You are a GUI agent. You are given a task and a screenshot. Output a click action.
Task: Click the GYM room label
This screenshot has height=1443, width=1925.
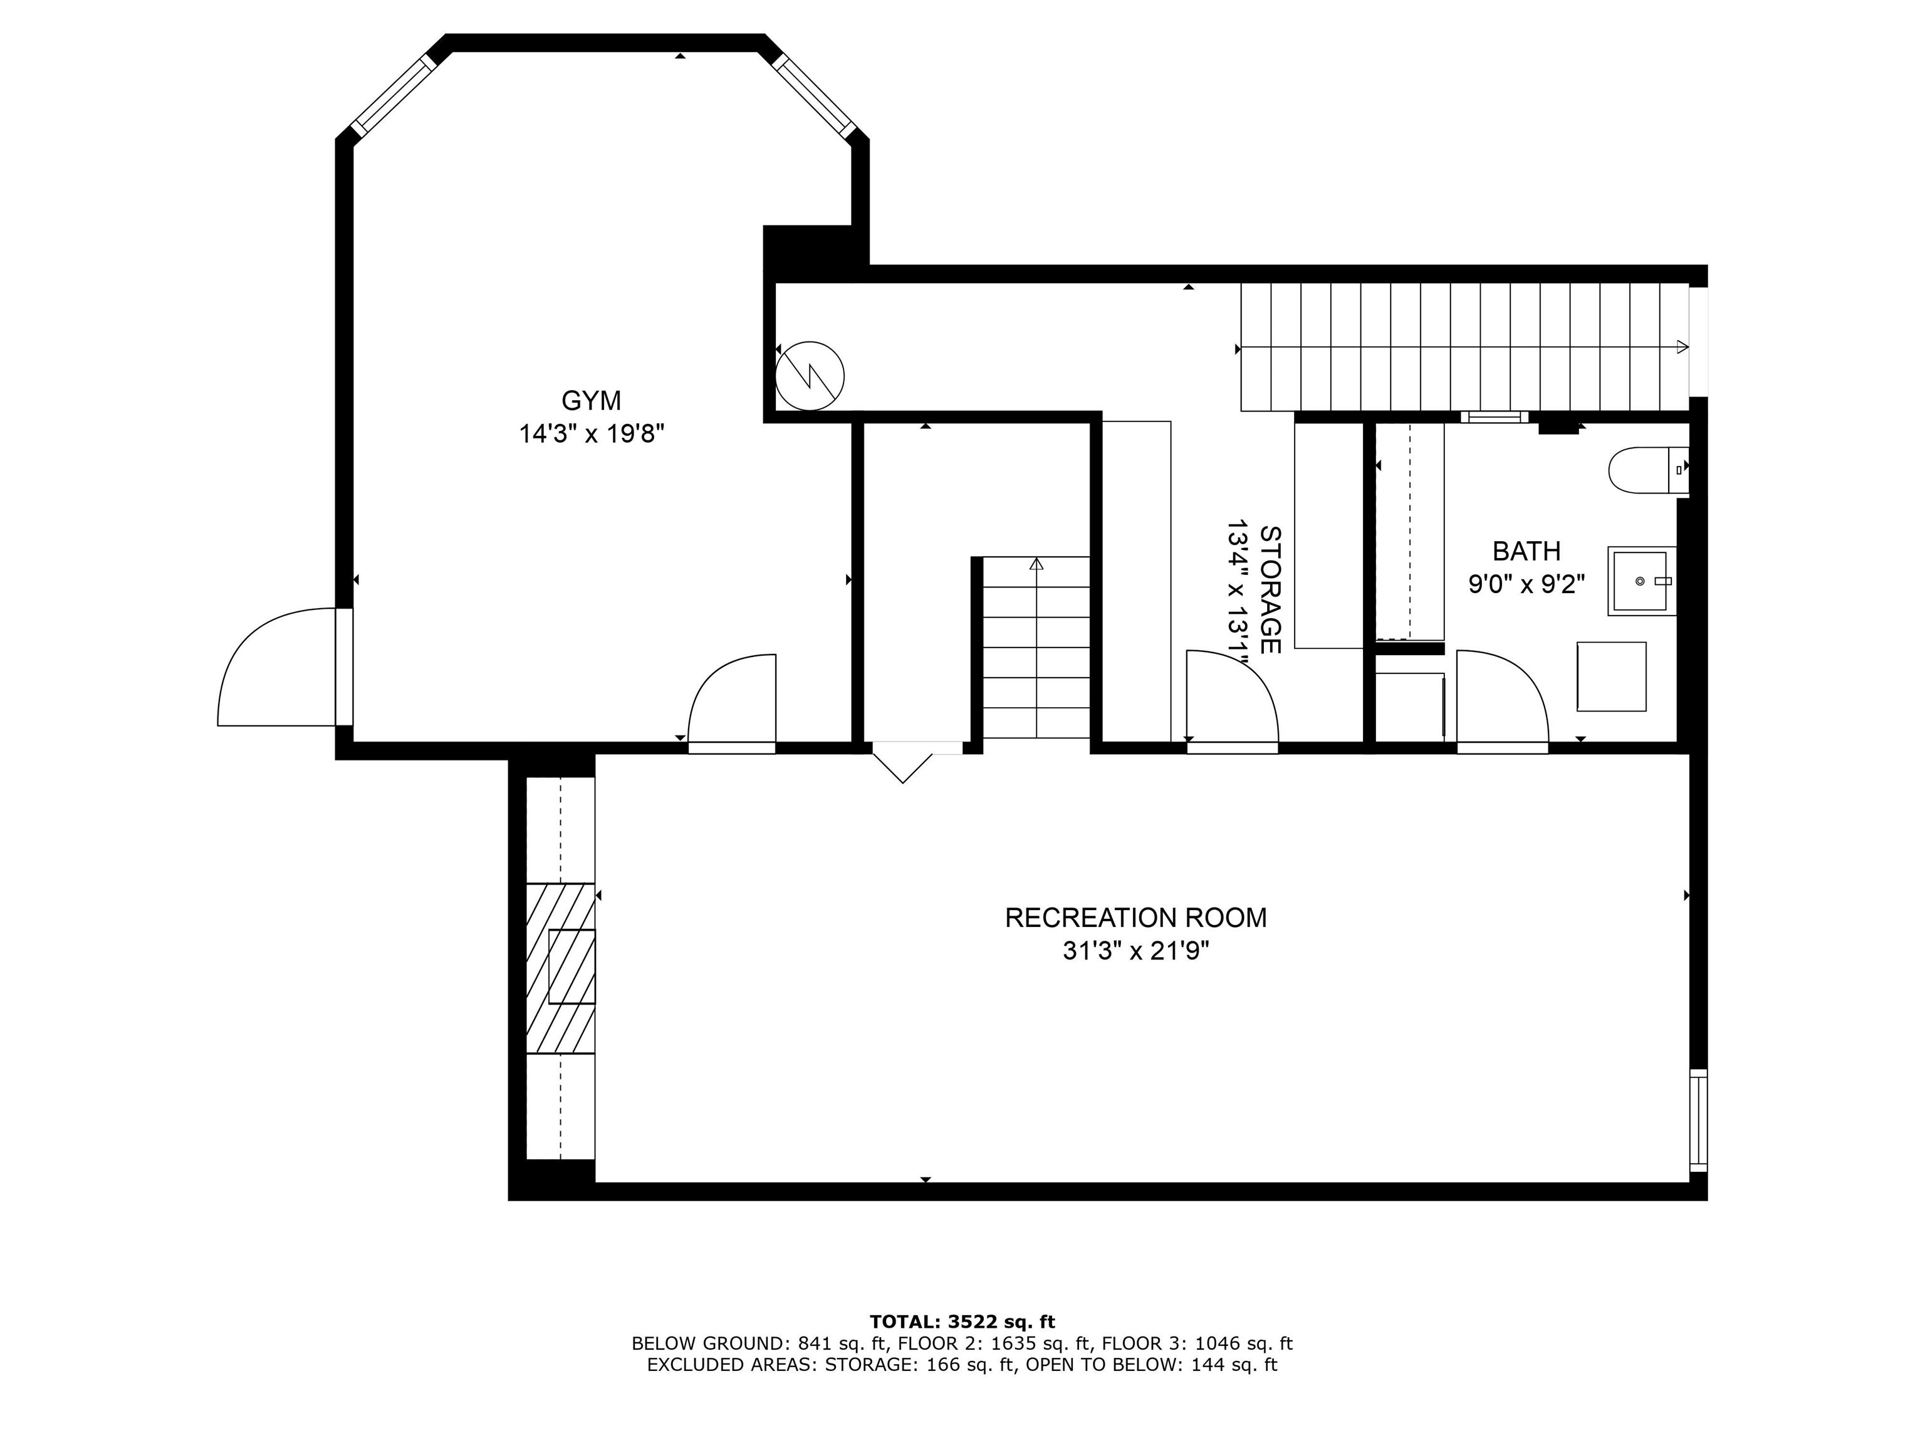click(591, 401)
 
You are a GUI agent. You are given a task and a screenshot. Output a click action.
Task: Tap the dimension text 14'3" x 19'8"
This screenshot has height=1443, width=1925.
click(591, 433)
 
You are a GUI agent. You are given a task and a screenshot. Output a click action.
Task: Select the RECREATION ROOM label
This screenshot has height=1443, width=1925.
click(1135, 918)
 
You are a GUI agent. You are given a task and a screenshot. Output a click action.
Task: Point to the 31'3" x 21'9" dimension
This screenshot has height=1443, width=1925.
click(1135, 951)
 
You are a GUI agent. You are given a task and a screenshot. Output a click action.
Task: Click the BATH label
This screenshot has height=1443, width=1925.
click(1526, 551)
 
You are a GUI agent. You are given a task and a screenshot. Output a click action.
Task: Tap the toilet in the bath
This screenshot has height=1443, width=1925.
click(1645, 470)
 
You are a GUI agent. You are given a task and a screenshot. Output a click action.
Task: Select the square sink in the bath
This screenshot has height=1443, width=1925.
click(1641, 581)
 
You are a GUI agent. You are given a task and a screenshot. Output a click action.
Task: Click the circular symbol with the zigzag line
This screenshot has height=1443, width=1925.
click(810, 376)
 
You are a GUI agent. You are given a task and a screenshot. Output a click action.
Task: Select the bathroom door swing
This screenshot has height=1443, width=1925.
click(1501, 698)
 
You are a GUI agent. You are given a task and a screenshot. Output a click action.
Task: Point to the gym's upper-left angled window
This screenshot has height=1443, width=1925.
click(394, 96)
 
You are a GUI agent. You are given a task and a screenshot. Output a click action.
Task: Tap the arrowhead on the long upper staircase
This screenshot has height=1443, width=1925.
click(1682, 347)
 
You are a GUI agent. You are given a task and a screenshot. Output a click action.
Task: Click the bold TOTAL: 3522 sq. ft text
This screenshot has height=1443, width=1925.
click(962, 1322)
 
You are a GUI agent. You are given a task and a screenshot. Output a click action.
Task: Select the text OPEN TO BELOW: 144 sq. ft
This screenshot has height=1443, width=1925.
click(1150, 1365)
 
